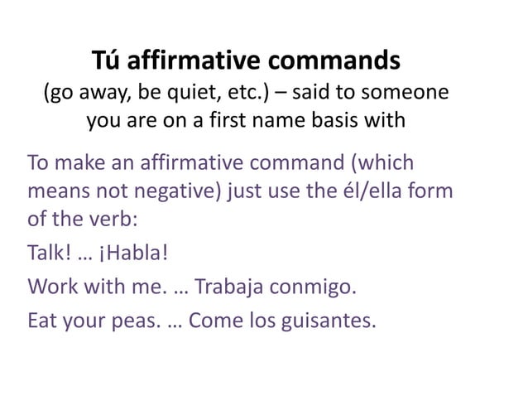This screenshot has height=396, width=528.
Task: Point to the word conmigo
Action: [317, 287]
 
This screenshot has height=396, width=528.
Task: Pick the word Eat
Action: [42, 318]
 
